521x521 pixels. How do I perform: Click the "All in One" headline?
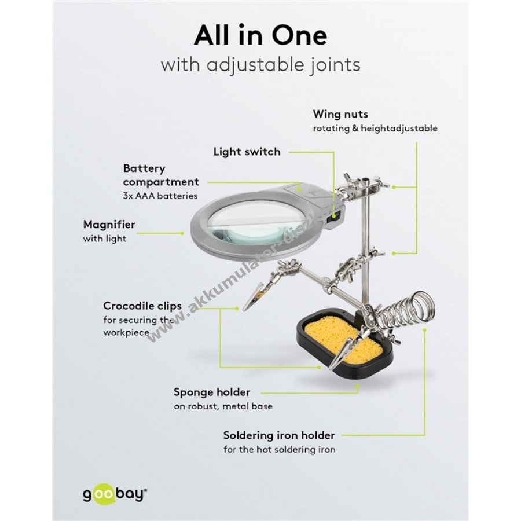[x=260, y=35]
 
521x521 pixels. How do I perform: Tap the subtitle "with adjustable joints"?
[x=260, y=64]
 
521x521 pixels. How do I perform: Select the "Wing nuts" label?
[x=340, y=114]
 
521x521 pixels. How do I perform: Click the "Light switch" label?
[x=247, y=152]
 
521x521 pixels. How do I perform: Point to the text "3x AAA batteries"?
[x=160, y=196]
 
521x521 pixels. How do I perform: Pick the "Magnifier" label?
[x=109, y=225]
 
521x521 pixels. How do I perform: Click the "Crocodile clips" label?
[x=142, y=306]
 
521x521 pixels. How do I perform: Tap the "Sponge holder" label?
[x=212, y=392]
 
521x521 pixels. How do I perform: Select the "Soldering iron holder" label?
[x=279, y=435]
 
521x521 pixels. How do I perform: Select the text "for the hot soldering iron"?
[x=280, y=450]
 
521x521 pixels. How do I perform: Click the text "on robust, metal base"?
[x=223, y=406]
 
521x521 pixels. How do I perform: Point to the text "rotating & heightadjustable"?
[x=375, y=129]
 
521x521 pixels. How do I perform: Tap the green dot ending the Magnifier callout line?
[x=182, y=233]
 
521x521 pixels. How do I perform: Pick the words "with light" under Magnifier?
[x=105, y=239]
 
